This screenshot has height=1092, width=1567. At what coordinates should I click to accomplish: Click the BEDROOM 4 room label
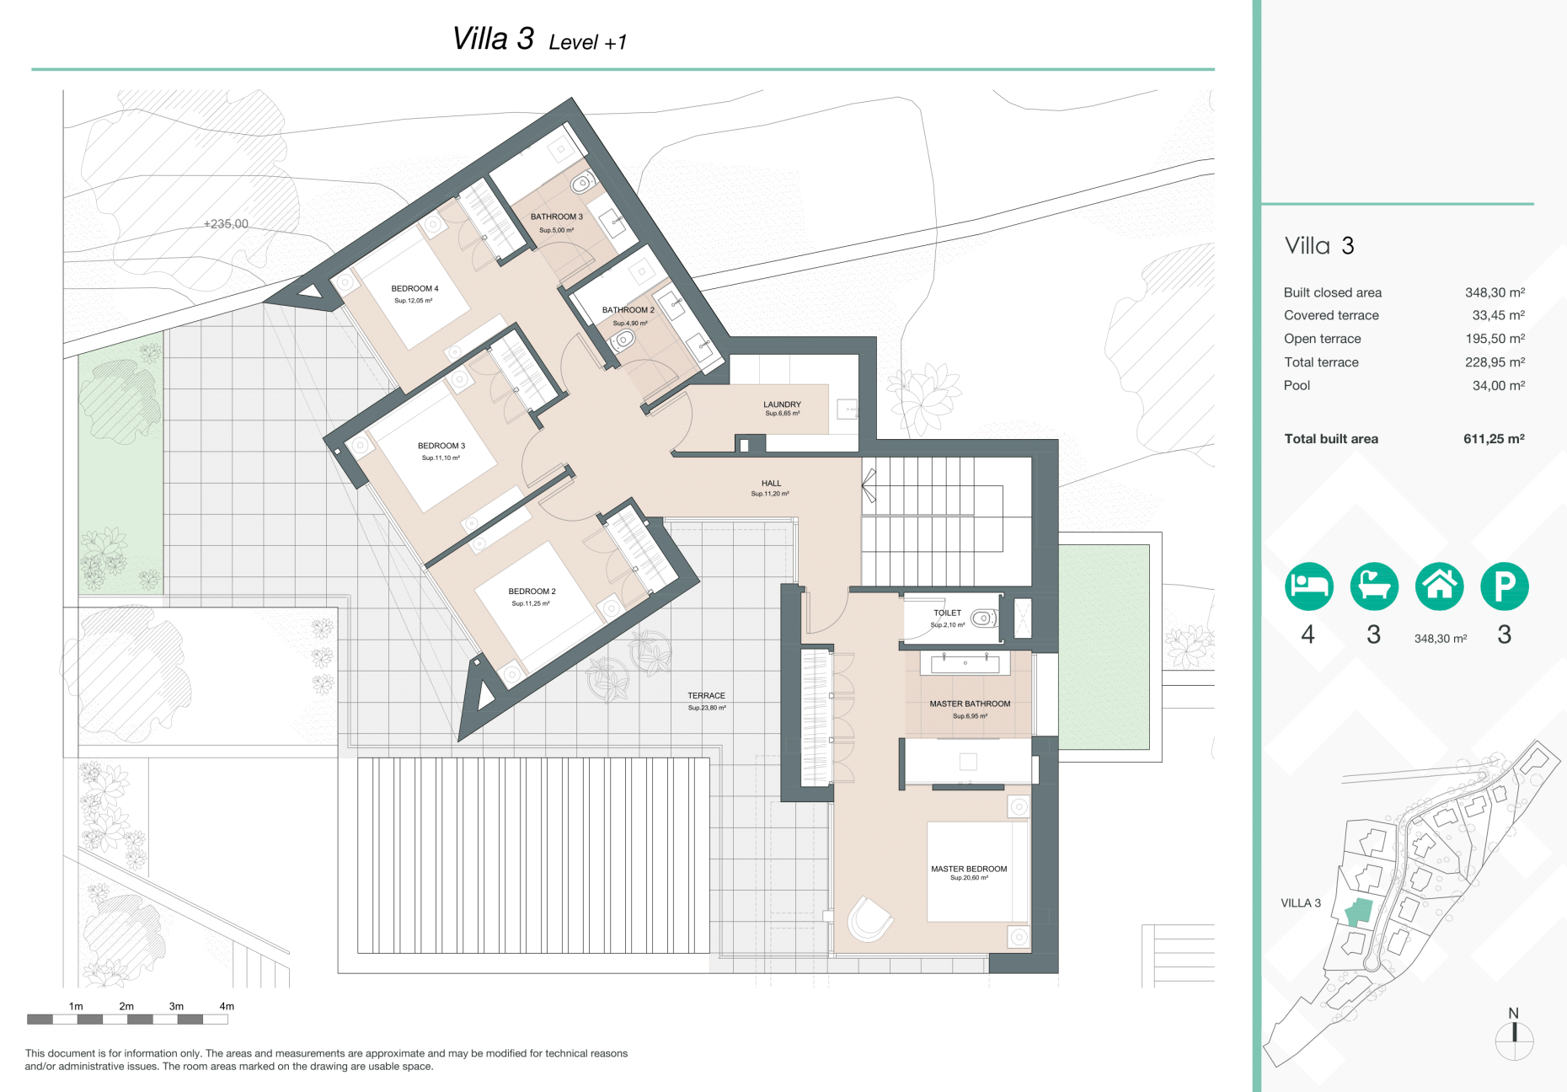point(414,289)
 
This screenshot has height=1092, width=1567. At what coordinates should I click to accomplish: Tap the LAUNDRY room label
point(782,404)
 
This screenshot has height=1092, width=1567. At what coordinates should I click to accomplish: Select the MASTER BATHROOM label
point(970,704)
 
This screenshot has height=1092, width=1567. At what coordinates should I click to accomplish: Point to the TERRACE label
point(706,696)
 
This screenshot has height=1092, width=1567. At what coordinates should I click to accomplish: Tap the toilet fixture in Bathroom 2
point(623,340)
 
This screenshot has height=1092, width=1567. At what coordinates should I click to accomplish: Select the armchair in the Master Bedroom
point(869,919)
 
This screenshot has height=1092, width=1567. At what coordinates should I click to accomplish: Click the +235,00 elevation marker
point(226,224)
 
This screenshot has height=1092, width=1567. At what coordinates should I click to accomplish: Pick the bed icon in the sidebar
point(1308,586)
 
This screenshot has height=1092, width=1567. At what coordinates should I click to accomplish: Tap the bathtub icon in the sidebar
point(1374,586)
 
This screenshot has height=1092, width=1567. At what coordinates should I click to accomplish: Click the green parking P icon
point(1505,586)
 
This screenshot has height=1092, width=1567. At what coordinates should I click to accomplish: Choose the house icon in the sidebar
point(1439,586)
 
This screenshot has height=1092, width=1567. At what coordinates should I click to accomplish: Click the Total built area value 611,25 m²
point(1494,439)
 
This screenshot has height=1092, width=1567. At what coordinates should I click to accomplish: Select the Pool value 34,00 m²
point(1499,386)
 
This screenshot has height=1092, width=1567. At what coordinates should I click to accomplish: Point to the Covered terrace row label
point(1331,315)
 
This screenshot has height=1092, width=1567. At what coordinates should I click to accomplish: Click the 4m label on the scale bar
point(227,1006)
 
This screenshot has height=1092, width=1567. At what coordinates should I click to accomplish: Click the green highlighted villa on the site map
point(1357,913)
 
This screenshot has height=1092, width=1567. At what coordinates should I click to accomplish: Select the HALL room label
point(771,484)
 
